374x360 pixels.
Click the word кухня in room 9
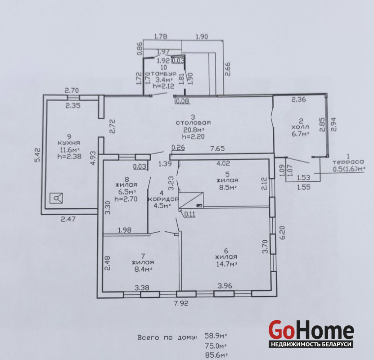pyautogui.click(x=69, y=143)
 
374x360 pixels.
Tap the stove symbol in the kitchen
pyautogui.click(x=56, y=198)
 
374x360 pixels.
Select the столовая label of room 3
pyautogui.click(x=193, y=123)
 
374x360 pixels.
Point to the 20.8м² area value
pyautogui.click(x=194, y=130)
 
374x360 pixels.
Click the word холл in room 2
pyautogui.click(x=300, y=127)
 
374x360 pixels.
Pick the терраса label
pyautogui.click(x=348, y=162)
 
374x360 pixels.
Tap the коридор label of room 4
pyautogui.click(x=163, y=199)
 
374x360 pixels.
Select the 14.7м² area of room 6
pyautogui.click(x=226, y=264)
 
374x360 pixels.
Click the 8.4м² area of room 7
pyautogui.click(x=142, y=269)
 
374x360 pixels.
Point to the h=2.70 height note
pyautogui.click(x=126, y=199)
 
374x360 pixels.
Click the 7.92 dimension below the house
pyautogui.click(x=181, y=303)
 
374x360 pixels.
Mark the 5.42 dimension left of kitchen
pyautogui.click(x=38, y=155)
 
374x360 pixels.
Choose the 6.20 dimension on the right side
pyautogui.click(x=282, y=233)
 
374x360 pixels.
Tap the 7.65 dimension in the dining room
pyautogui.click(x=217, y=149)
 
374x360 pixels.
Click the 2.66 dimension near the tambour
pyautogui.click(x=228, y=69)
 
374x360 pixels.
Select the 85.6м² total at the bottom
pyautogui.click(x=216, y=355)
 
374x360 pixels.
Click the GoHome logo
pyautogui.click(x=311, y=333)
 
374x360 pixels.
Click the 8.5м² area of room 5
pyautogui.click(x=228, y=187)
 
